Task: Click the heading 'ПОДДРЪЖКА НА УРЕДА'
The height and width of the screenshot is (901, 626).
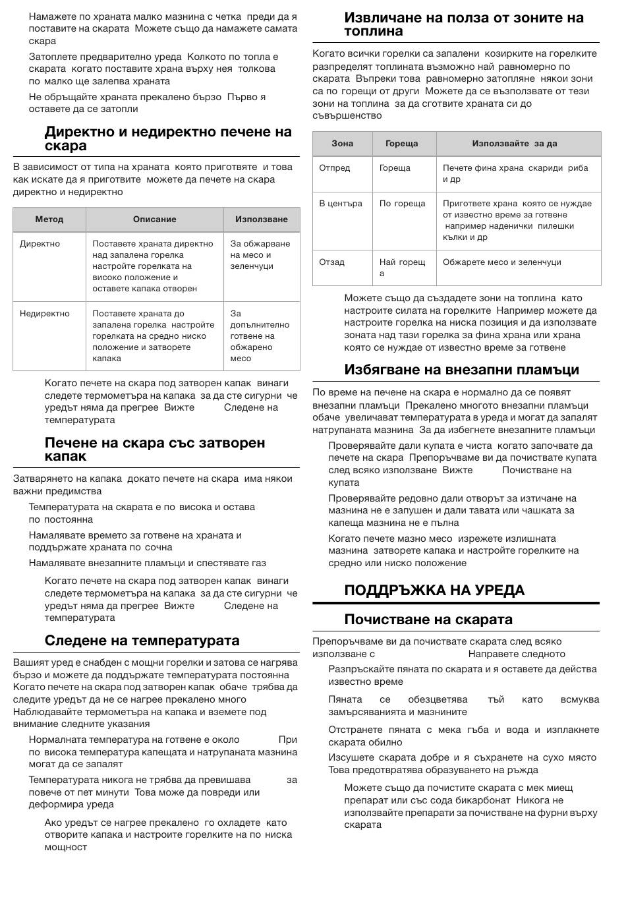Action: [x=434, y=591]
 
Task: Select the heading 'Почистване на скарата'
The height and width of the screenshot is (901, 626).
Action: [x=428, y=620]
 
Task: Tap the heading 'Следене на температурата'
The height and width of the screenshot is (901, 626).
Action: [x=142, y=641]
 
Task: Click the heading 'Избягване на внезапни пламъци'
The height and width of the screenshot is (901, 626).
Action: [x=461, y=370]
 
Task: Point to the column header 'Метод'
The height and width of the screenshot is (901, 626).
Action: [x=49, y=219]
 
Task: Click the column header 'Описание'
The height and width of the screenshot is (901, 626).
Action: [x=155, y=219]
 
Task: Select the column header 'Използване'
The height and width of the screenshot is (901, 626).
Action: [x=262, y=219]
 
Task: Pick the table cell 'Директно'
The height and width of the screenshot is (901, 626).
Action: [x=40, y=244]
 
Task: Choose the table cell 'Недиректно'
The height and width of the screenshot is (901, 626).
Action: [x=44, y=314]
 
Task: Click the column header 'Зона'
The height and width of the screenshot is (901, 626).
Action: [x=343, y=144]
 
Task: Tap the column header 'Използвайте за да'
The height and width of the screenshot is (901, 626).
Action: [x=515, y=144]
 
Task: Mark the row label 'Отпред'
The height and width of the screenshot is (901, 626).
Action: [x=335, y=168]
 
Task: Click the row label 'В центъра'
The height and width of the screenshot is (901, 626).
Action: [x=341, y=204]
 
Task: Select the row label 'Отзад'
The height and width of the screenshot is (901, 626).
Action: [x=331, y=262]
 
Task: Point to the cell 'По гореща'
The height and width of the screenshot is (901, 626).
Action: [x=403, y=204]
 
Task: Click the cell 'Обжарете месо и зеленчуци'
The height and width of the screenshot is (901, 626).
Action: [x=502, y=262]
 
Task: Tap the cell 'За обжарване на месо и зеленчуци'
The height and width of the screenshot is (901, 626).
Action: [x=260, y=255]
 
